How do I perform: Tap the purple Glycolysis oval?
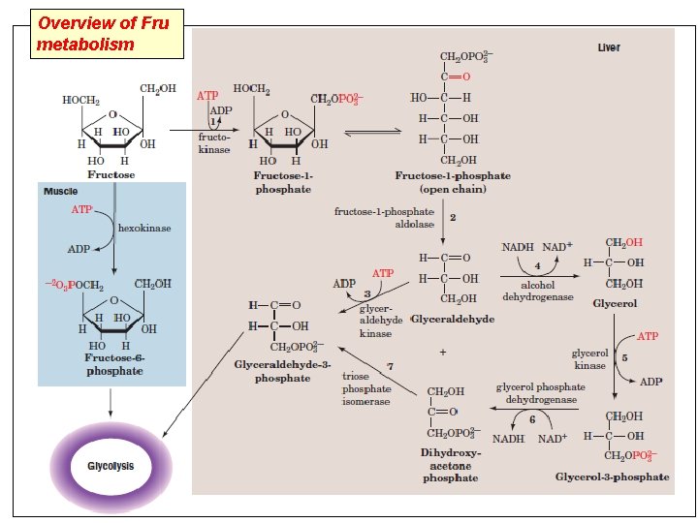tap(111, 466)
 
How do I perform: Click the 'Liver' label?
tap(609, 47)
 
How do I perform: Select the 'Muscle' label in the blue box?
tap(60, 192)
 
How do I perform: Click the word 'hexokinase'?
tap(144, 228)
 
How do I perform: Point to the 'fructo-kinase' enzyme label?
tap(214, 143)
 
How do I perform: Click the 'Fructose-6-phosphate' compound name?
tap(113, 364)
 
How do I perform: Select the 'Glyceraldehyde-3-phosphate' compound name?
tap(282, 372)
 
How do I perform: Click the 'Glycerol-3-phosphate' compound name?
tap(612, 477)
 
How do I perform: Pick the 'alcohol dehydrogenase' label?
tap(537, 292)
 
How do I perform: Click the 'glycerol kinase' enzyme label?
tap(589, 359)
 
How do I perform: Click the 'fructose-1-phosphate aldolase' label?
tap(384, 217)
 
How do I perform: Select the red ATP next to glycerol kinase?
tap(647, 336)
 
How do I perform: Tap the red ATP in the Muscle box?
tap(83, 209)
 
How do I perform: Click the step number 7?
tap(389, 365)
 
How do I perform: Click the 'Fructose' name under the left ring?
tap(111, 175)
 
